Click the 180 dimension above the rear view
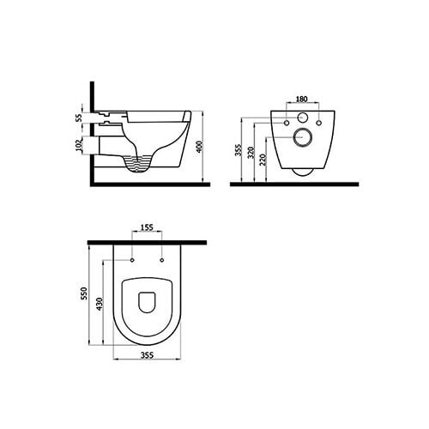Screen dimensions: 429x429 tap(301, 99)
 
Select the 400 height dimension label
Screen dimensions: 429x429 tap(200, 147)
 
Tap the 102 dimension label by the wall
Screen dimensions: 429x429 tap(79, 144)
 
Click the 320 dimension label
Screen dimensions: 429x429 tap(251, 153)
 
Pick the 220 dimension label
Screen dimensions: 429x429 tap(263, 160)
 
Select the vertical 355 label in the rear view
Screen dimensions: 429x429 tap(239, 150)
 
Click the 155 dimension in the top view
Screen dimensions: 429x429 tap(147, 227)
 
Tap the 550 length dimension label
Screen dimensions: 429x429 tap(84, 293)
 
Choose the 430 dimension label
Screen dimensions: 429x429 tap(100, 304)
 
